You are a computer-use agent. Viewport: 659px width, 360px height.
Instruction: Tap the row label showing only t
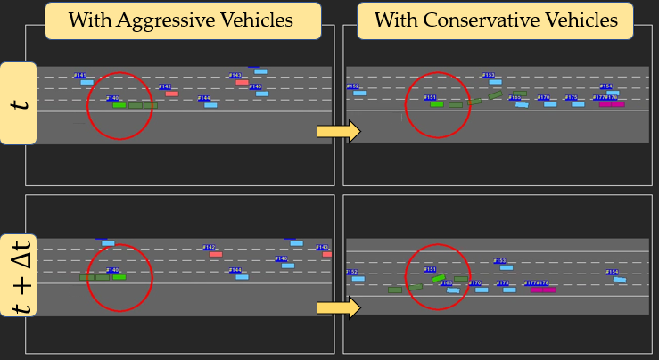(x=19, y=103)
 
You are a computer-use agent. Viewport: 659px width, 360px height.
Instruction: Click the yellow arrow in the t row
(x=338, y=132)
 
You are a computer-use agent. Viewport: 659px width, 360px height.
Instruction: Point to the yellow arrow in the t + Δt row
(x=338, y=308)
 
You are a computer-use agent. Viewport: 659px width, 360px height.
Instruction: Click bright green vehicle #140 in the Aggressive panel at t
(x=119, y=105)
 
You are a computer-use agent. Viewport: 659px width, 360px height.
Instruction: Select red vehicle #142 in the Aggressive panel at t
(x=171, y=93)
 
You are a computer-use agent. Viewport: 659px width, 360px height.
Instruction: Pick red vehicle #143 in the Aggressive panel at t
(x=242, y=82)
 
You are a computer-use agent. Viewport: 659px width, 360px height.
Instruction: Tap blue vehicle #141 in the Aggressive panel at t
(x=86, y=82)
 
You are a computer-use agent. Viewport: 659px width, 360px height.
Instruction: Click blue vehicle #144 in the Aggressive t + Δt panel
(x=242, y=276)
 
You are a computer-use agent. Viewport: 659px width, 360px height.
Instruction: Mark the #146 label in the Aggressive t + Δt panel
(x=281, y=258)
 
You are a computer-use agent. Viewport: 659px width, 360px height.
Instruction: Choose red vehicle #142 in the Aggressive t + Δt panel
(x=215, y=254)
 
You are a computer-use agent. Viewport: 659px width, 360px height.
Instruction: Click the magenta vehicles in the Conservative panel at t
(x=612, y=104)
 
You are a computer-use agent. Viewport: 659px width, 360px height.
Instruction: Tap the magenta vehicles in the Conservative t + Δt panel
(x=542, y=290)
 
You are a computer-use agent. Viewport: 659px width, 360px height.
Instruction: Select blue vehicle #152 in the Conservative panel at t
(x=359, y=93)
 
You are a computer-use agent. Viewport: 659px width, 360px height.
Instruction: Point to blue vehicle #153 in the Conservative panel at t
(x=495, y=82)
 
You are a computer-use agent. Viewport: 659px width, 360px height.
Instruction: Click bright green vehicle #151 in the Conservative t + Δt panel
(x=438, y=278)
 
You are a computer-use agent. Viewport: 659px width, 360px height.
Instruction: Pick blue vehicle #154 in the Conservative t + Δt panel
(x=619, y=279)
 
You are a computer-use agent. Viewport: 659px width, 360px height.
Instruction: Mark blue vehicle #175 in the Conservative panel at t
(x=578, y=104)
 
